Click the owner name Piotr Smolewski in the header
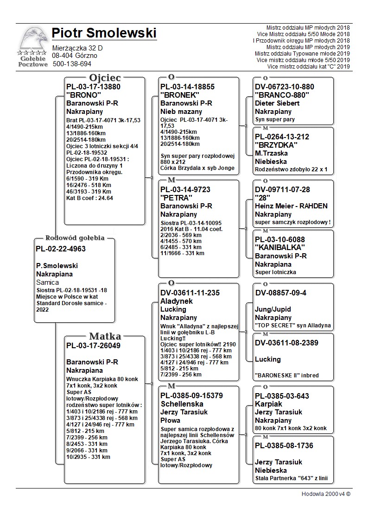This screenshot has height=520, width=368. pyautogui.click(x=104, y=33)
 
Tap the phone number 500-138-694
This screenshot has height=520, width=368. pyautogui.click(x=72, y=64)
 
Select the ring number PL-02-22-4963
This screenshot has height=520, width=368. pyautogui.click(x=61, y=249)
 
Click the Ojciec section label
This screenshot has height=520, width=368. pyautogui.click(x=105, y=77)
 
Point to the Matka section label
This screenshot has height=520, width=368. pyautogui.click(x=105, y=336)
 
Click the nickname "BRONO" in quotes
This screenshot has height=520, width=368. pyautogui.click(x=84, y=95)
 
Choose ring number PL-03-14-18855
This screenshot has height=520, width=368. pyautogui.click(x=187, y=87)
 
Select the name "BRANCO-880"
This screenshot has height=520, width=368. pyautogui.click(x=282, y=95)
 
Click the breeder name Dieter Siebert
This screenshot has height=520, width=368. pyautogui.click(x=277, y=103)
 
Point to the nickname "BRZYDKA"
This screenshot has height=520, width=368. pyautogui.click(x=276, y=145)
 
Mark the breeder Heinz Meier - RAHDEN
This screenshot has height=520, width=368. pyautogui.click(x=291, y=206)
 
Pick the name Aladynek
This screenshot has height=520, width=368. pyautogui.click(x=177, y=301)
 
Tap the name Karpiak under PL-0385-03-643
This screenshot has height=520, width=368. pyautogui.click(x=269, y=404)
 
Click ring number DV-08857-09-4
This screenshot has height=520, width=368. pyautogui.click(x=281, y=293)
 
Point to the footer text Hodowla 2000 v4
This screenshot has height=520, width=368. pyautogui.click(x=326, y=494)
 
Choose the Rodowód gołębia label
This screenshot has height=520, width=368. pyautogui.click(x=75, y=238)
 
